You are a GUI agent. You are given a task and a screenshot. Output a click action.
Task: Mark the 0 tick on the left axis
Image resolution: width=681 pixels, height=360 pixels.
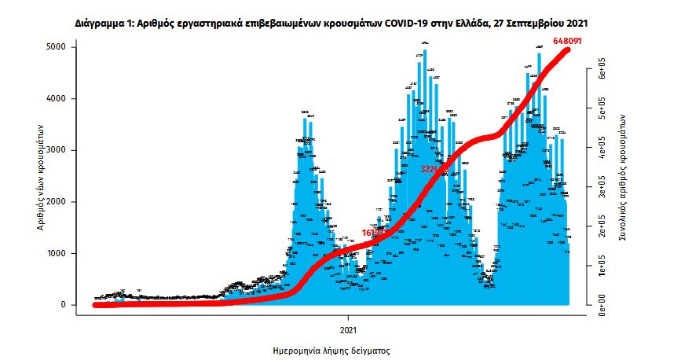click(64, 305)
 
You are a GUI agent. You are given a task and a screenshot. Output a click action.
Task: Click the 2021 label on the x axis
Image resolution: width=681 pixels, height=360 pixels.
click(350, 328)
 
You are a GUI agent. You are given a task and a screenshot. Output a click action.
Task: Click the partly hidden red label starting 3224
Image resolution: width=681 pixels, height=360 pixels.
click(431, 169)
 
